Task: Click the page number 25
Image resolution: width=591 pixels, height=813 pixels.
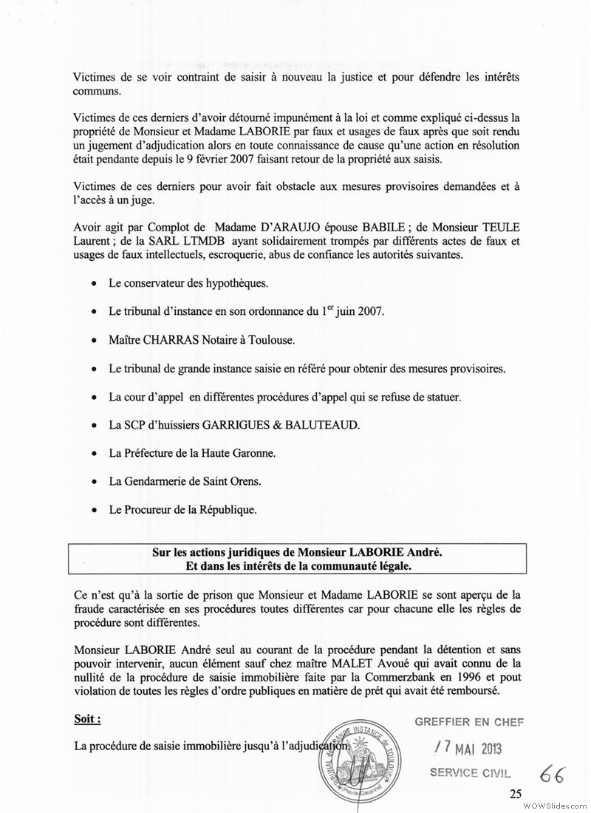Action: (515, 794)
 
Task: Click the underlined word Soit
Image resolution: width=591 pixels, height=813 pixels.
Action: (88, 718)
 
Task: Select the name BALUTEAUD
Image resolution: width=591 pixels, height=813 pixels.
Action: (326, 425)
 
